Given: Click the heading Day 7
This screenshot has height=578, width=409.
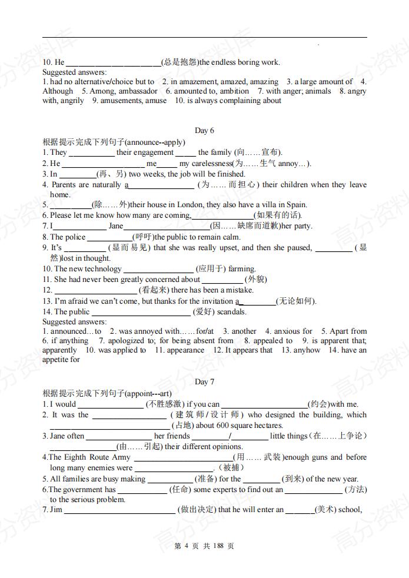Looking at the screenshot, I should point(204,382).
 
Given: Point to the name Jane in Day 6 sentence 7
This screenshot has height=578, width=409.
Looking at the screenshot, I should point(116,226).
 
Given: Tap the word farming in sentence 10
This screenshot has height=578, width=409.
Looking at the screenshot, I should point(241,269).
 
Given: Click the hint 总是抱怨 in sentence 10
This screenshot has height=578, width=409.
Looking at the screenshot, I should point(180,62).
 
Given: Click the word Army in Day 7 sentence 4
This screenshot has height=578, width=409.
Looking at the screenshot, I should point(121,457).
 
